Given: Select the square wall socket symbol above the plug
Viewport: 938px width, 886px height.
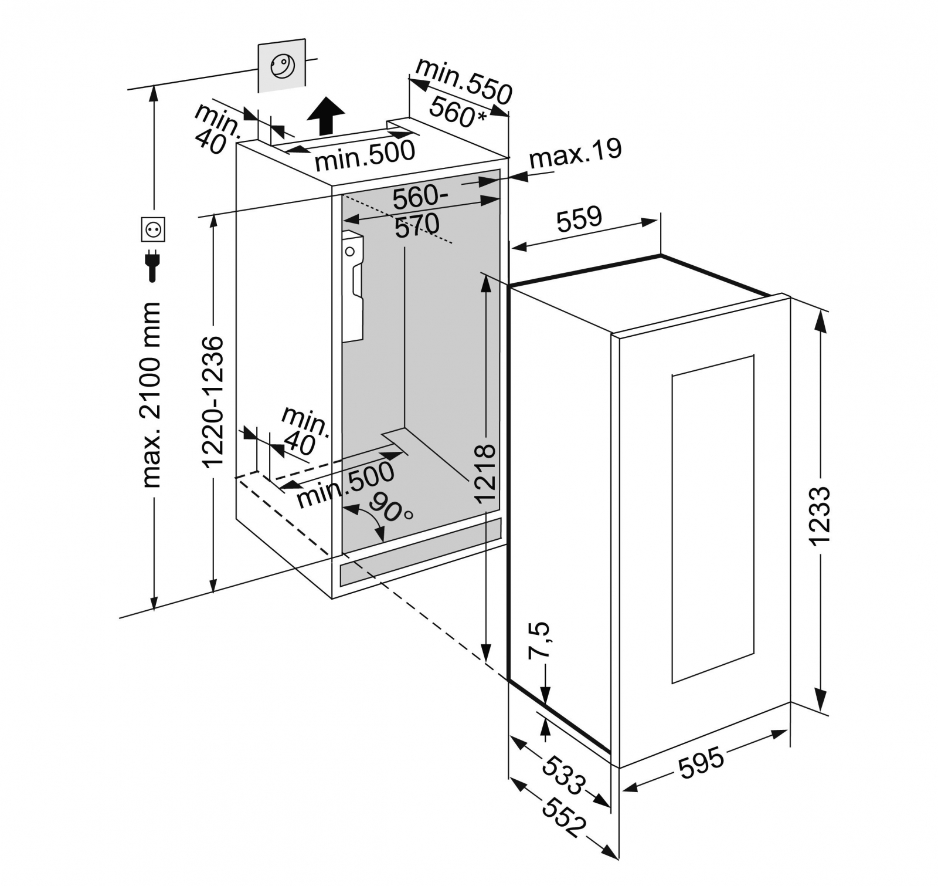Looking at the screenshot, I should [x=153, y=229].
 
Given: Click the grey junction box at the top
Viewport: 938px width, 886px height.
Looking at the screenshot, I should [x=282, y=65].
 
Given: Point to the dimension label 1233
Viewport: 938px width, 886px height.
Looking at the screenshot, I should [x=821, y=516].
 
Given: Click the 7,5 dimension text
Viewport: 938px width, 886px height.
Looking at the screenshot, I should [x=540, y=640].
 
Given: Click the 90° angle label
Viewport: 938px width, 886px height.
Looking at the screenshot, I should [x=391, y=509].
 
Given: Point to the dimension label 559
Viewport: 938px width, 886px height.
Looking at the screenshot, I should [x=579, y=219].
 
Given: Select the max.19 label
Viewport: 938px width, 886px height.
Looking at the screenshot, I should [x=575, y=153].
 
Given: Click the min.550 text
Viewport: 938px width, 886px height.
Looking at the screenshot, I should [x=463, y=81].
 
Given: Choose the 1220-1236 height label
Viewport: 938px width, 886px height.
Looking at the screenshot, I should [x=213, y=401].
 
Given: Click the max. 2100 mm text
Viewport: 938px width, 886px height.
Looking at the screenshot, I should [x=152, y=394].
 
